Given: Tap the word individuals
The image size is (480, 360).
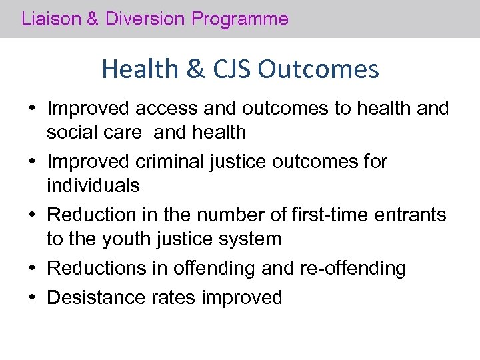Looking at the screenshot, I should (x=93, y=185).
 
